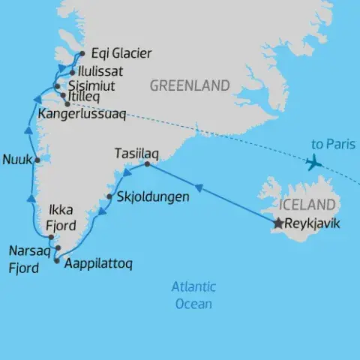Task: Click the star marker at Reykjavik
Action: coord(279,223)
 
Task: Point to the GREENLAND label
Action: coord(189,86)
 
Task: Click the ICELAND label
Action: coord(307,205)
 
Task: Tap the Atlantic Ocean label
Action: coord(193,295)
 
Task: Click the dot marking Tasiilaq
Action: coord(147,164)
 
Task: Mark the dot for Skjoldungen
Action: coord(110,197)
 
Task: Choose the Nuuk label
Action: coord(16,159)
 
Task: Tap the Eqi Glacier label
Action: coord(121,53)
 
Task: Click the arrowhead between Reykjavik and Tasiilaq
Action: coord(198,187)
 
